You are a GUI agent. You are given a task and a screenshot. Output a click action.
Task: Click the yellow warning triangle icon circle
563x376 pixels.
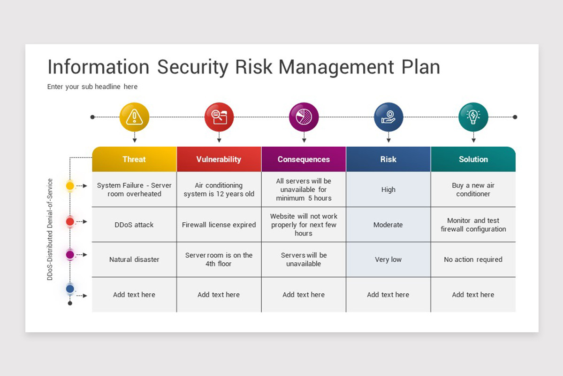(134, 117)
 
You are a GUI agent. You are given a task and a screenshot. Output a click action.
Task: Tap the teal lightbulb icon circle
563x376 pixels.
(473, 117)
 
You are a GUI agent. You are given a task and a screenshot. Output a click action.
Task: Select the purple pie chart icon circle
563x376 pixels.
(304, 117)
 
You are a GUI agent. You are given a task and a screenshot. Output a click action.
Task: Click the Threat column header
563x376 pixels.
(134, 159)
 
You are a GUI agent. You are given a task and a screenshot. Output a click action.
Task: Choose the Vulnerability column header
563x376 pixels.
(219, 159)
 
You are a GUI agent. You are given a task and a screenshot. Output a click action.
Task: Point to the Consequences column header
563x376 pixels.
(304, 159)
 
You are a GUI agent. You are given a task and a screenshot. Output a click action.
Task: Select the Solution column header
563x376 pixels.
(473, 159)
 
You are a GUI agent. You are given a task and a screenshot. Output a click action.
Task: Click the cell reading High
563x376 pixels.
(388, 189)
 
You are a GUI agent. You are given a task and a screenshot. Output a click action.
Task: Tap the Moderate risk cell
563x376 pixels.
(388, 225)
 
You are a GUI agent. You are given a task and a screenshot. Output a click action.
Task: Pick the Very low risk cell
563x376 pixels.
(388, 259)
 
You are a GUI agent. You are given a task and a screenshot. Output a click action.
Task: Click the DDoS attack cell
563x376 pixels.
(134, 225)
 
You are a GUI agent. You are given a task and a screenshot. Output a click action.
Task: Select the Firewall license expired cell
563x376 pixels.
(219, 225)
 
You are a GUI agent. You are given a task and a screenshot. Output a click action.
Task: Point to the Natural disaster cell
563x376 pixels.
(134, 259)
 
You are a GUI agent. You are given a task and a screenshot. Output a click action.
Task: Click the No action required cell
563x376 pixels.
(473, 259)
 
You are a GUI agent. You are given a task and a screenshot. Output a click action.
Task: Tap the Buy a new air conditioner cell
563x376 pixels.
(473, 189)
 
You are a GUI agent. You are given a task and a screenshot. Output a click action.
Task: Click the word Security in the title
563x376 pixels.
(193, 67)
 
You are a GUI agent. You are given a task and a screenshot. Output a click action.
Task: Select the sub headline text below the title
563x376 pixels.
(92, 86)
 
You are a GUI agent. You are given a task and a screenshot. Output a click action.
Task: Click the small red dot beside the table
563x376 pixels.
(70, 222)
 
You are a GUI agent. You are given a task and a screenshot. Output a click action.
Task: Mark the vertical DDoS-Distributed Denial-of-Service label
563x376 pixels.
(50, 229)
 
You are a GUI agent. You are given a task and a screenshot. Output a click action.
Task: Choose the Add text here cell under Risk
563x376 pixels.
(388, 295)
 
